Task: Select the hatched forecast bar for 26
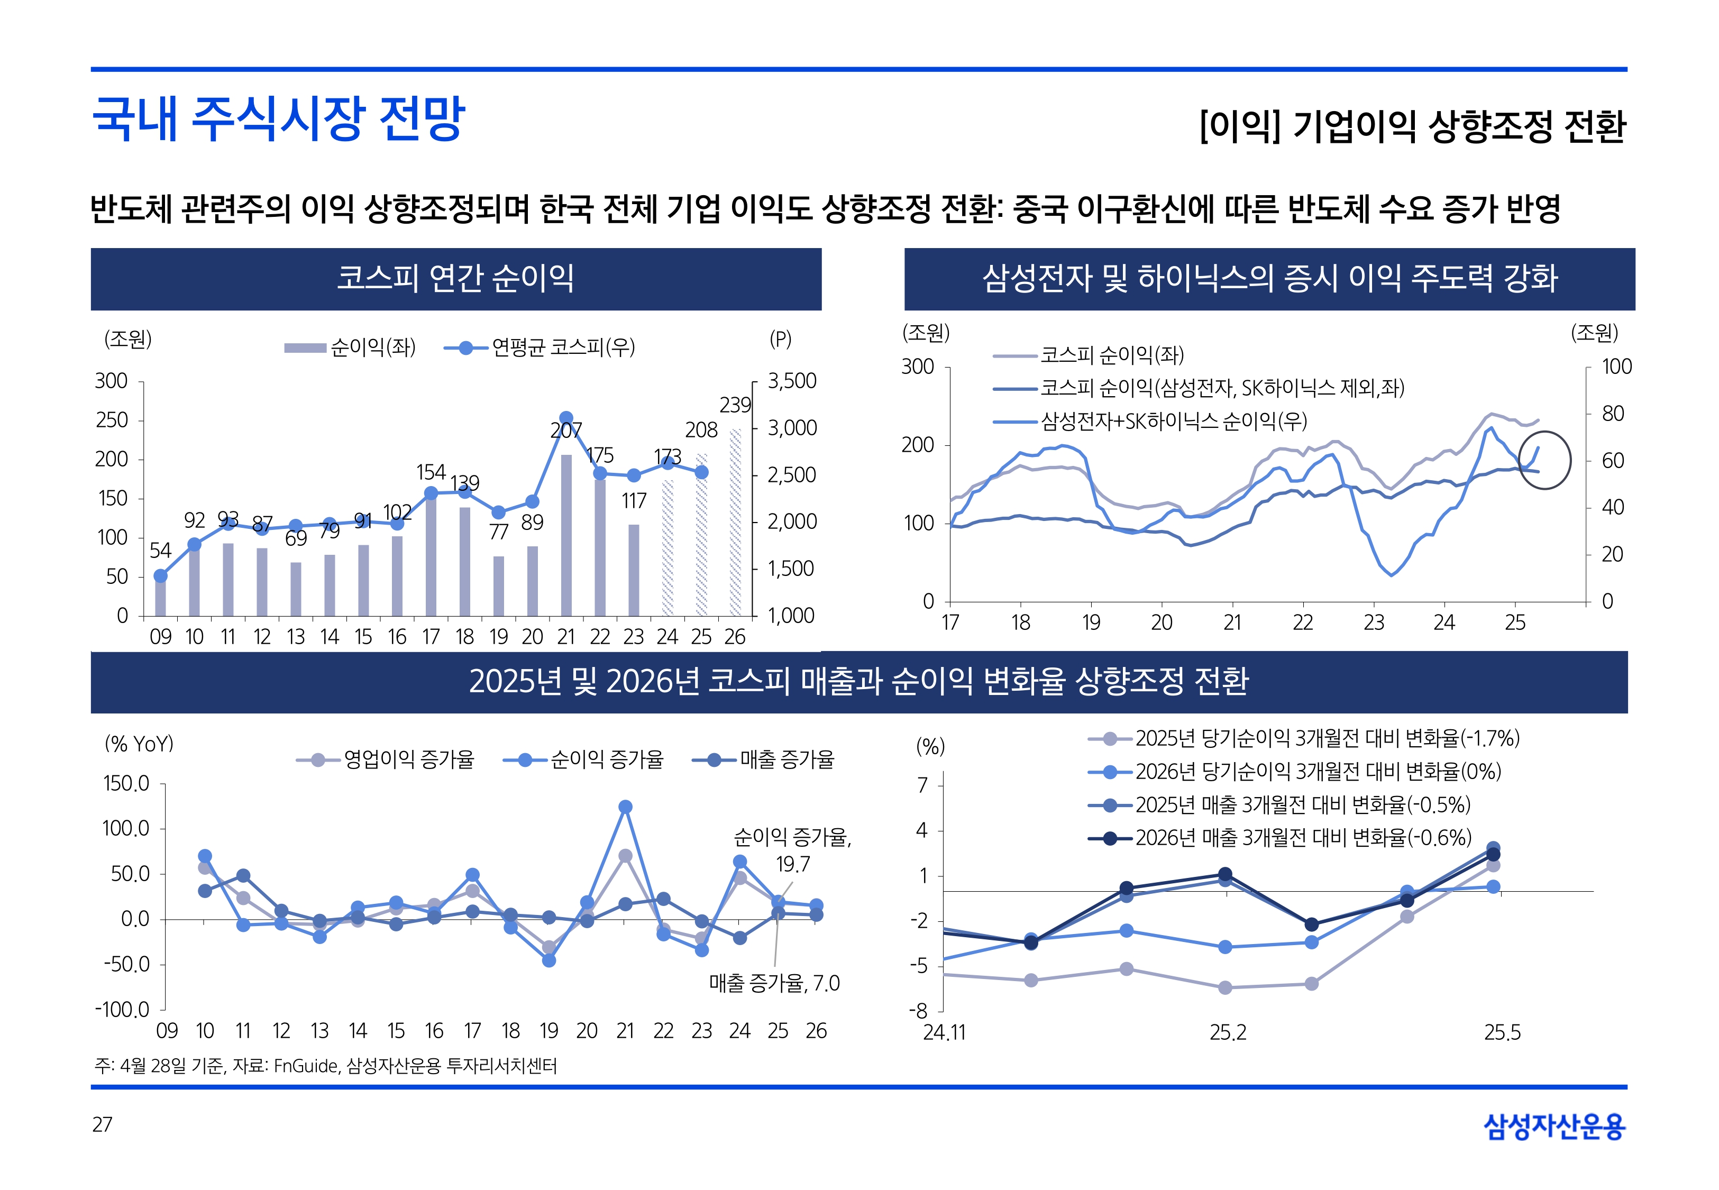[735, 522]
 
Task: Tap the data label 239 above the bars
[735, 405]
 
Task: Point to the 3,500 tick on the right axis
[792, 381]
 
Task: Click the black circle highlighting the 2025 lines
[1544, 460]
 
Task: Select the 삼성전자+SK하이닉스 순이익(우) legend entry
[1173, 422]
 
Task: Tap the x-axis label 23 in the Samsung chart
[1373, 623]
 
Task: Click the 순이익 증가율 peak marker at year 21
[625, 807]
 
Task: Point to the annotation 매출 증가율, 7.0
[774, 983]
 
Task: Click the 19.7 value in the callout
[792, 864]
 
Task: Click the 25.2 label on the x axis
[1228, 1033]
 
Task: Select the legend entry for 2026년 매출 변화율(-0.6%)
[1303, 838]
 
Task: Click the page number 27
[102, 1124]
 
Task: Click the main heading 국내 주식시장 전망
[278, 118]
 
